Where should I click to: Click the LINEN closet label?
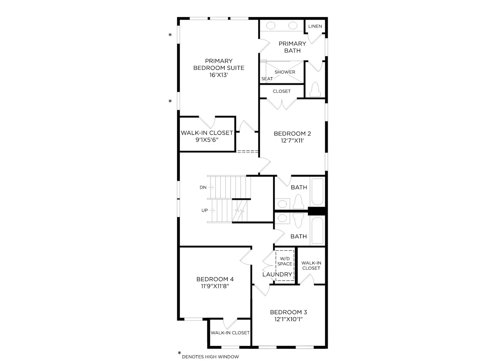tap(315, 26)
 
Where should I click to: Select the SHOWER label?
tap(285, 72)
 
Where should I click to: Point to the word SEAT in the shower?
tap(267, 79)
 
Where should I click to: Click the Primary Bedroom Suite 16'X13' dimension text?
tap(218, 75)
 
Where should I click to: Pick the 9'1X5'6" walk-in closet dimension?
tap(207, 140)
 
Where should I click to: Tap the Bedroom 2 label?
tap(293, 134)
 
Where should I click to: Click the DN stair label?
tap(203, 187)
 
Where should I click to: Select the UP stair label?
tap(204, 210)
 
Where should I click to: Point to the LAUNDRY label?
tap(277, 274)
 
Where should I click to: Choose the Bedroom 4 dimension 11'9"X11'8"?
tap(215, 286)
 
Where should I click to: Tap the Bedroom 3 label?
tap(288, 312)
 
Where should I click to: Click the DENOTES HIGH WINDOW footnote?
tap(210, 357)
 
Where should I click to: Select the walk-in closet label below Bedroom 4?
tap(230, 332)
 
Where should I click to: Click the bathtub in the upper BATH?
tap(318, 191)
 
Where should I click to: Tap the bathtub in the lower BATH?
tap(318, 231)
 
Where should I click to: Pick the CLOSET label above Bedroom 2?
tap(282, 91)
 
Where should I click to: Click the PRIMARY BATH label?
tap(293, 47)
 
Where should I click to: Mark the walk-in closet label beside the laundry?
tap(311, 266)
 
